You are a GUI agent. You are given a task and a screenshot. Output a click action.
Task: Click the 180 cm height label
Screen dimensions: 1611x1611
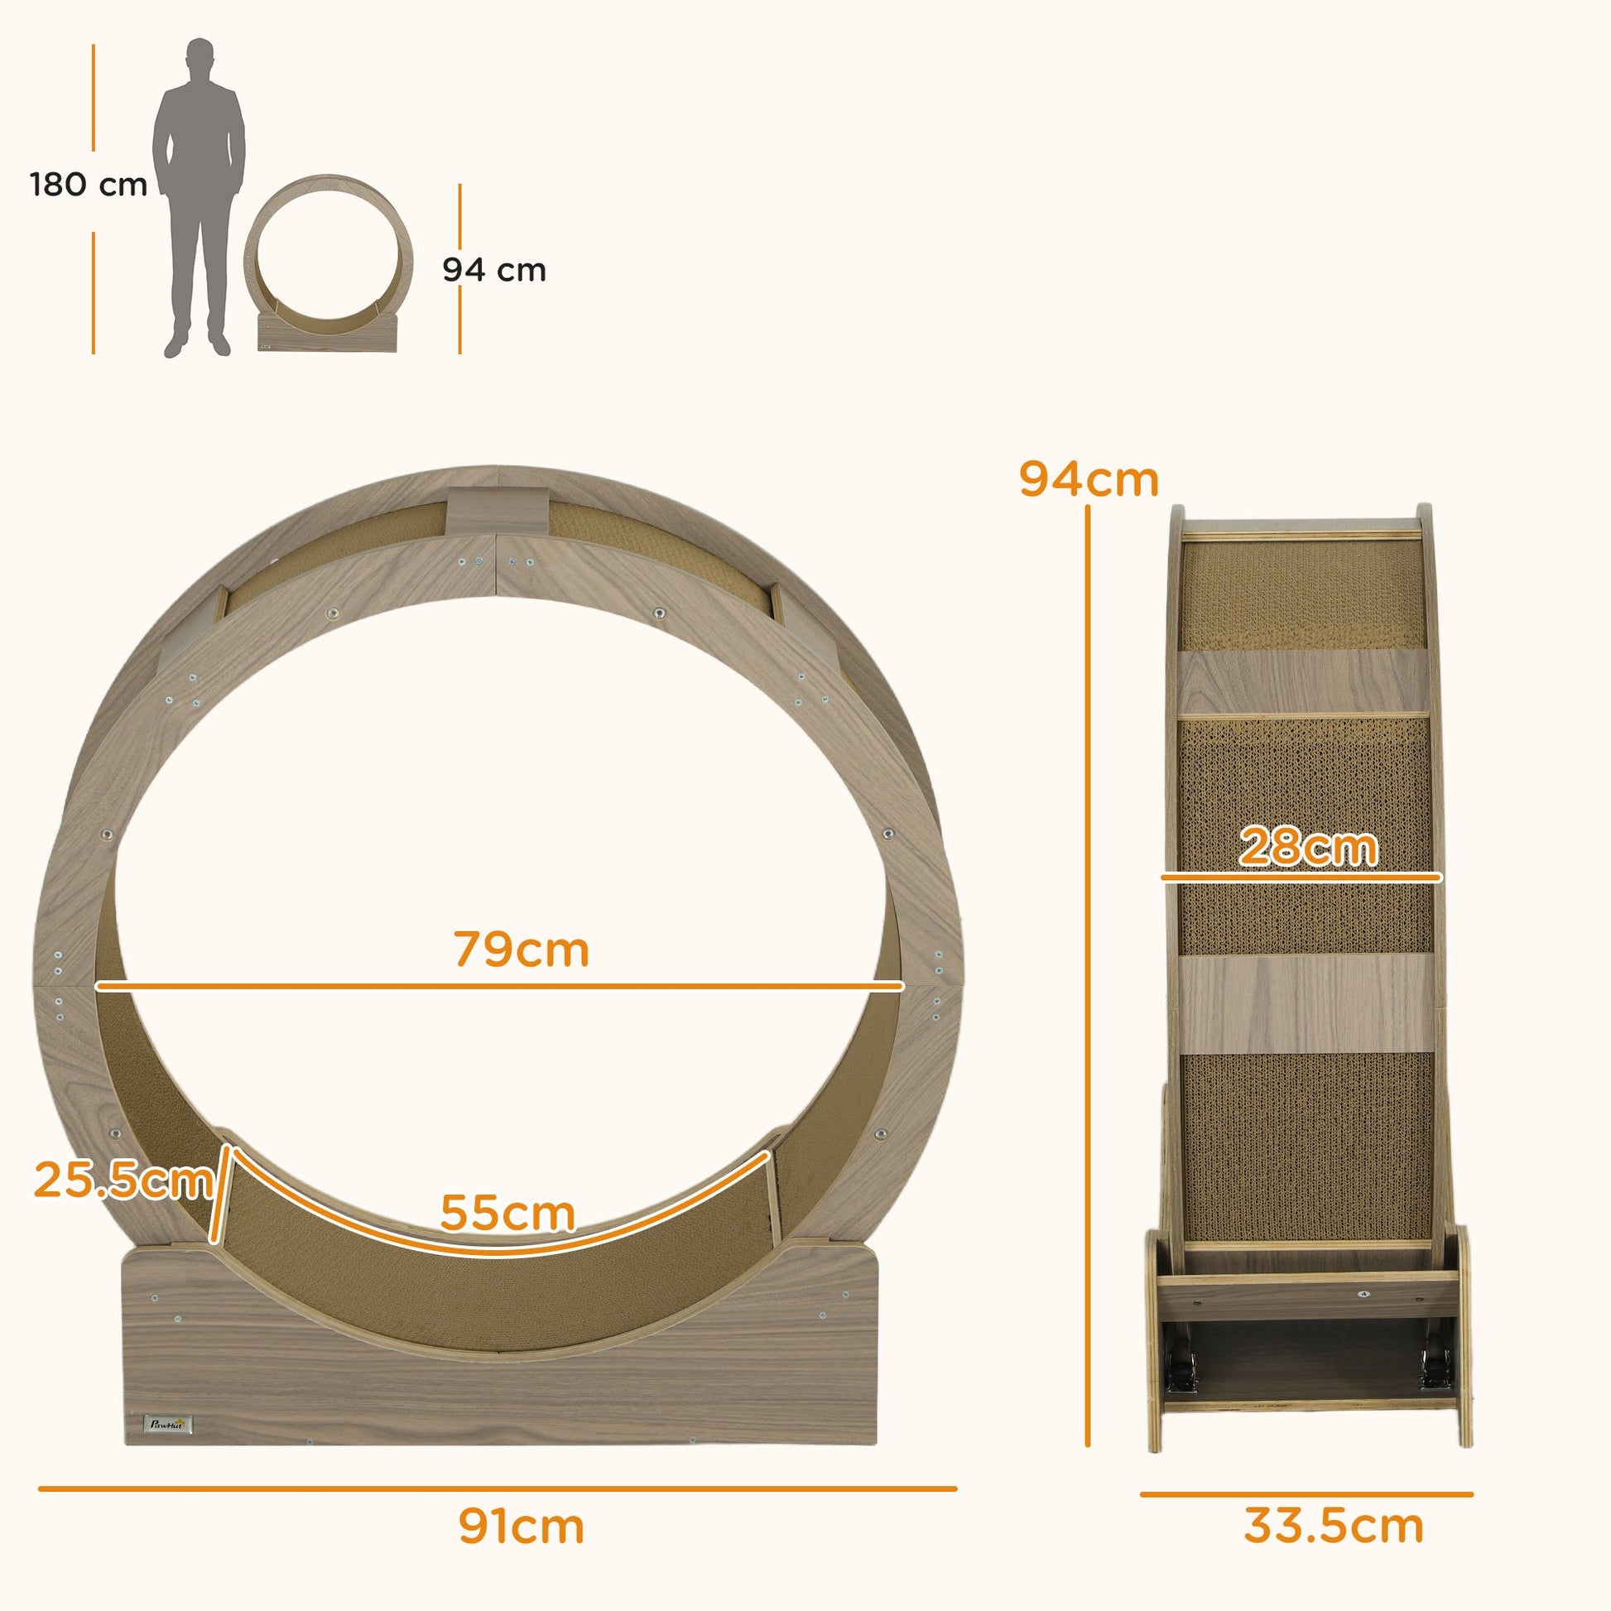tap(89, 185)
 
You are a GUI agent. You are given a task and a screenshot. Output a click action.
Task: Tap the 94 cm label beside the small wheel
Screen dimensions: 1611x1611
tap(493, 270)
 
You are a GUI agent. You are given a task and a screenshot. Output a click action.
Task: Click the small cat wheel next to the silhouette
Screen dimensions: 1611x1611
tap(329, 262)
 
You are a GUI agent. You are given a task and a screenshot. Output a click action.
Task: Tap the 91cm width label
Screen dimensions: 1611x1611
tap(522, 1526)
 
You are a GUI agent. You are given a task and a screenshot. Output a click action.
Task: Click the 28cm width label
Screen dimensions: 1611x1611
tap(1307, 847)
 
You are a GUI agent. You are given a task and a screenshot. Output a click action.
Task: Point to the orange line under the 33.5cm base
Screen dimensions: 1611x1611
tap(1306, 1494)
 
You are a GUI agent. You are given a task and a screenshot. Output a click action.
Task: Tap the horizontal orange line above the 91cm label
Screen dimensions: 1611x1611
tap(498, 1488)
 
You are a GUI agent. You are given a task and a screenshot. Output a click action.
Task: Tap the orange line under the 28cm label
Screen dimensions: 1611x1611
tap(1301, 878)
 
